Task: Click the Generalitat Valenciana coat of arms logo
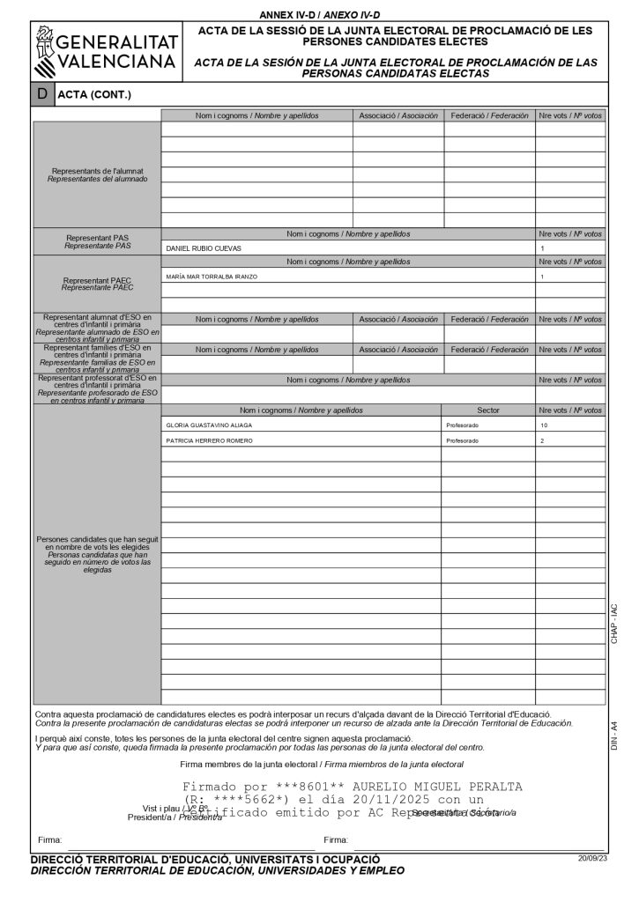click(x=45, y=52)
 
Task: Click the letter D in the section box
click(x=42, y=94)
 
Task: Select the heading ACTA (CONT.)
click(x=93, y=95)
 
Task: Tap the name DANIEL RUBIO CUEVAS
click(x=204, y=248)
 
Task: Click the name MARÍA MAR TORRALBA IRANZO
click(x=212, y=277)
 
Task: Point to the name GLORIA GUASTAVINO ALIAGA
click(x=209, y=425)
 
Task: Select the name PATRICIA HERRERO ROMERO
click(x=210, y=440)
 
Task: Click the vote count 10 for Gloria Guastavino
click(x=544, y=425)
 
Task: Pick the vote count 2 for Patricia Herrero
click(x=542, y=440)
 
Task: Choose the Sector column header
click(x=487, y=410)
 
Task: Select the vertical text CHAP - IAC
click(x=615, y=624)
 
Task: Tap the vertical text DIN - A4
click(x=615, y=735)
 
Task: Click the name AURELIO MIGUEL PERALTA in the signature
click(x=437, y=786)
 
